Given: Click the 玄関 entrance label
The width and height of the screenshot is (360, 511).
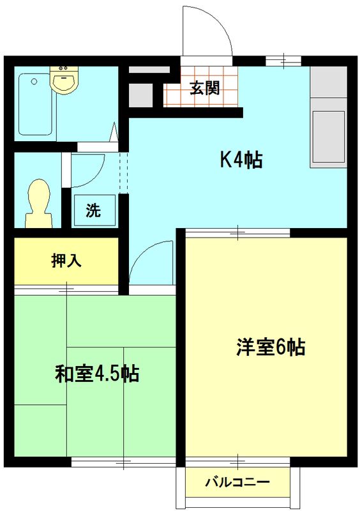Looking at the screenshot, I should [204, 88].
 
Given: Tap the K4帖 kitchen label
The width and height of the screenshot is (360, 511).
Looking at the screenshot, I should [241, 160].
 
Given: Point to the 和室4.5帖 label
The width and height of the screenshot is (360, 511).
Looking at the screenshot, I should [96, 373].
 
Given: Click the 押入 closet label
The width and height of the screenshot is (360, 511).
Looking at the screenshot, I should [66, 261].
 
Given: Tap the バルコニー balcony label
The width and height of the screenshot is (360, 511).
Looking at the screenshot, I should [237, 482].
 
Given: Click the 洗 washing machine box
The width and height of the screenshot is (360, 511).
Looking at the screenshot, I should [94, 210].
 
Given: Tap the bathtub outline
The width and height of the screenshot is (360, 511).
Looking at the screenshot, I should [36, 104].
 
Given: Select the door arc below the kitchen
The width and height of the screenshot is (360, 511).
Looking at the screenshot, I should [152, 262].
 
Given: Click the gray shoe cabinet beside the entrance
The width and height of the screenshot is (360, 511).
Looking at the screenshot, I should [141, 95].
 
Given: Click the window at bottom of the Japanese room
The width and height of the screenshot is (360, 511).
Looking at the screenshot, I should [123, 461].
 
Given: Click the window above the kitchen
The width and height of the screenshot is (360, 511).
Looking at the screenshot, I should [283, 61].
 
